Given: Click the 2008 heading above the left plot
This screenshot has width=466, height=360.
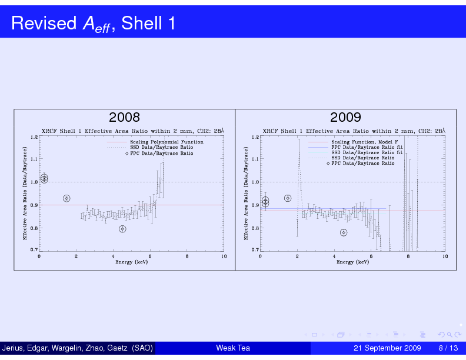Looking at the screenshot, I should tap(124, 117).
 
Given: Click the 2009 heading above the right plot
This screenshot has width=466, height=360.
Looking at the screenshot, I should tap(345, 117).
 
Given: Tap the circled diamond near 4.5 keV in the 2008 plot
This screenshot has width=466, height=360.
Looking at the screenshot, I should tap(122, 229).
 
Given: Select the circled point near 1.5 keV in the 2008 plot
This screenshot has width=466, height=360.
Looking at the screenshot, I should tap(67, 198).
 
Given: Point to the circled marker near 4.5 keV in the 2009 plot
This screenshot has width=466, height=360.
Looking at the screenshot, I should tap(344, 232).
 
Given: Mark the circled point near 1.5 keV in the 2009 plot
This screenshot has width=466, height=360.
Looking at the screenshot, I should tap(288, 198).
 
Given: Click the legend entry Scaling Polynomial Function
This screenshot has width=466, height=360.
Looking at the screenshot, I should tap(167, 142).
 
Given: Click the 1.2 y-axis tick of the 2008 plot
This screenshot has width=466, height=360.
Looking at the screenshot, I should tap(34, 137).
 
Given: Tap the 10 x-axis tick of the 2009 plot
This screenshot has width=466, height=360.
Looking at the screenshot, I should tap(445, 256).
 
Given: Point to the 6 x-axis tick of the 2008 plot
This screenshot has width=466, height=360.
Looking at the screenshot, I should tap(150, 256).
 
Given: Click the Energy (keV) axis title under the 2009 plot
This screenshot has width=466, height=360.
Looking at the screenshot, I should tap(353, 262).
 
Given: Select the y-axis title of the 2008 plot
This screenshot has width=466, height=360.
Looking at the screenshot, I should tap(25, 193).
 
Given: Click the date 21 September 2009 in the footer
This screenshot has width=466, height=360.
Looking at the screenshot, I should tap(387, 348).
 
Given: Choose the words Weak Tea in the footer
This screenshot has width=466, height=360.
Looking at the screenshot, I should tap(233, 348).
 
